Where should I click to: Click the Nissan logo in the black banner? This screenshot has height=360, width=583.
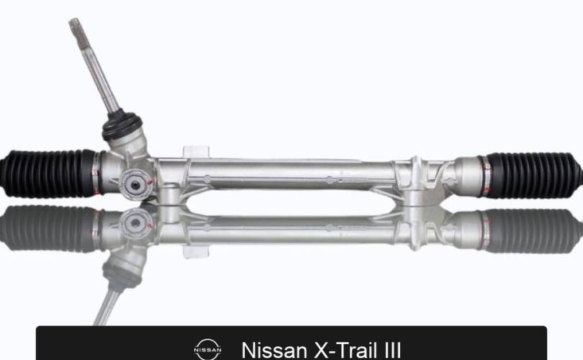[207, 350]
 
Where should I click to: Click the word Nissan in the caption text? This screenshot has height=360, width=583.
[274, 351]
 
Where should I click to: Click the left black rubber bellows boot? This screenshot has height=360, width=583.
[48, 174]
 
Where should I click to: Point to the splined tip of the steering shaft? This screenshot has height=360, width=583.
[75, 26]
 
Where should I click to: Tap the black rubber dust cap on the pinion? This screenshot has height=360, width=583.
[122, 126]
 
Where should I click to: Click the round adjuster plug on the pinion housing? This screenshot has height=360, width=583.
[135, 185]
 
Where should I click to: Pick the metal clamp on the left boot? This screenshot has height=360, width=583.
[96, 173]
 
